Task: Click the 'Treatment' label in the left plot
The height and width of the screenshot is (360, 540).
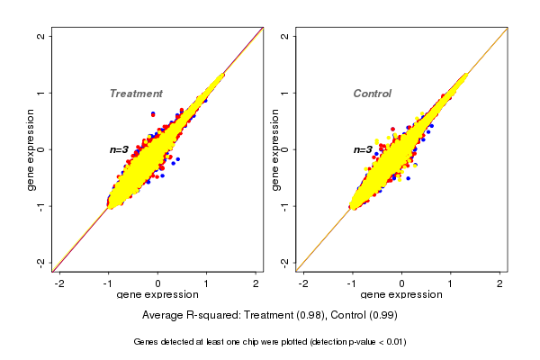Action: pyautogui.click(x=136, y=94)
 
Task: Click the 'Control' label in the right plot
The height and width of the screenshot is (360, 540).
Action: pyautogui.click(x=372, y=94)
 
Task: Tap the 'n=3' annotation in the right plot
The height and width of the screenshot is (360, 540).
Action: pyautogui.click(x=363, y=149)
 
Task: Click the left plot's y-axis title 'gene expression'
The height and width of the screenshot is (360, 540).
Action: pyautogui.click(x=31, y=149)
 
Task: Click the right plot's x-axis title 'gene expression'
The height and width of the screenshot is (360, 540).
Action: pyautogui.click(x=401, y=295)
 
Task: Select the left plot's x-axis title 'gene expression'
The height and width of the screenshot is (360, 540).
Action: pyautogui.click(x=157, y=295)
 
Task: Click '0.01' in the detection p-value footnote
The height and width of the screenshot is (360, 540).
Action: pyautogui.click(x=392, y=342)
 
